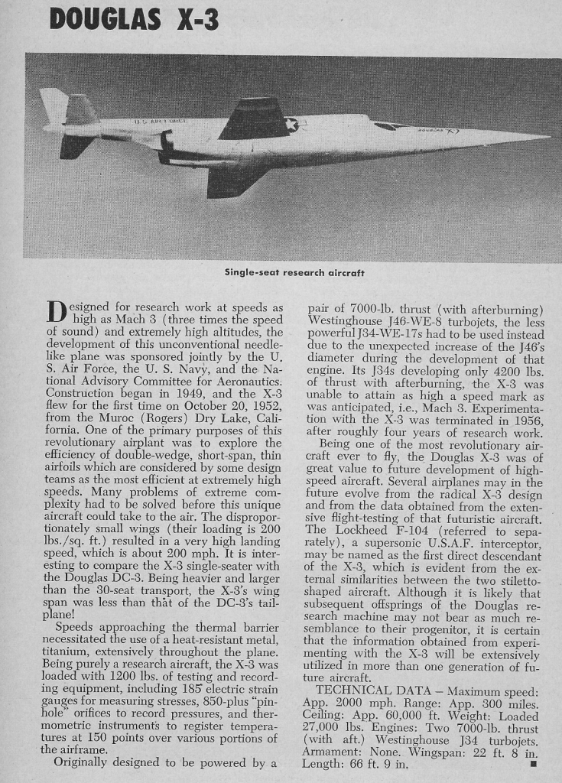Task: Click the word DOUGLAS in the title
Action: coord(104,19)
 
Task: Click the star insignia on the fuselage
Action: coord(291,125)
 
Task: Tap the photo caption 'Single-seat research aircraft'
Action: coord(294,272)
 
